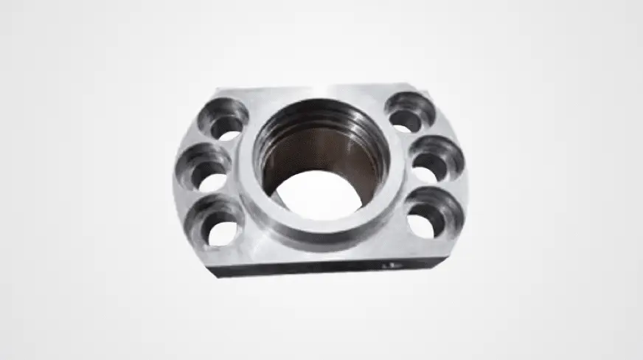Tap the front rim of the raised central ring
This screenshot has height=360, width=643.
point(324,233)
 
